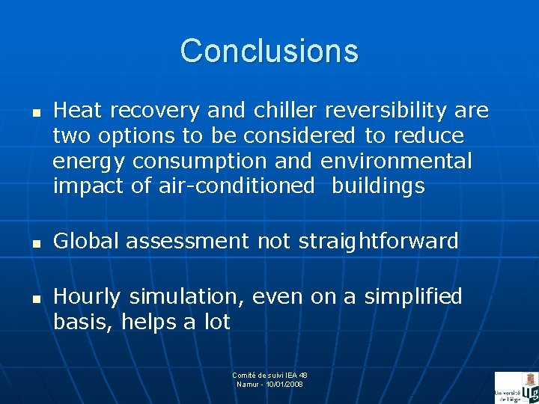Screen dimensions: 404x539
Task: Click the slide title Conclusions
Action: click(x=269, y=51)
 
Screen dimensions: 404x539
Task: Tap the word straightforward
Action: click(x=388, y=241)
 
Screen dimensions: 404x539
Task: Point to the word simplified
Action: click(x=412, y=297)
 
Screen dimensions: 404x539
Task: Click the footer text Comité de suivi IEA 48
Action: click(x=269, y=375)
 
